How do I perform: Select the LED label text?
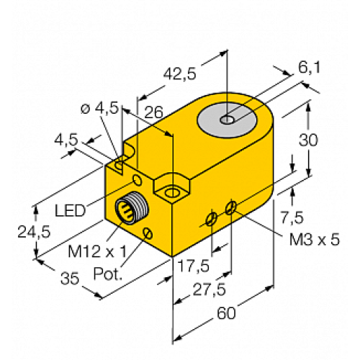(71, 210)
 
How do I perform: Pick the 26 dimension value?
(153, 111)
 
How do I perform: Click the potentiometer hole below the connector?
(148, 232)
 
